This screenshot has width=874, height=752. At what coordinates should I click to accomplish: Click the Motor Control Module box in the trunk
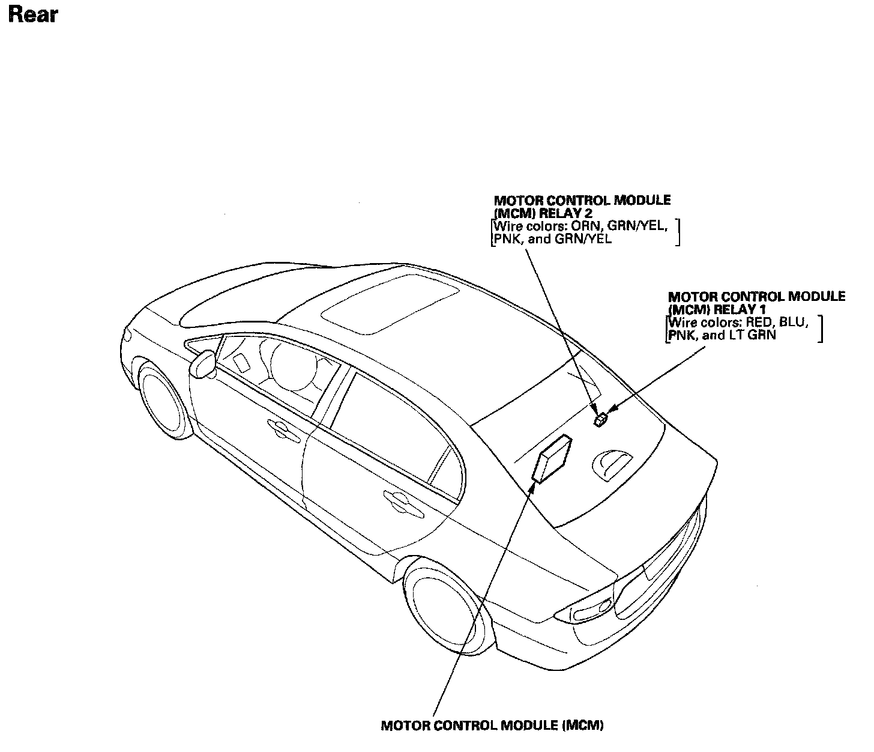[x=552, y=458]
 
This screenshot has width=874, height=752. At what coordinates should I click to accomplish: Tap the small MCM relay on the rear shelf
[x=600, y=419]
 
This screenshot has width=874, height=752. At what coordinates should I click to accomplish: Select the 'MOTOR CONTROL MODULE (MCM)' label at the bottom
[x=492, y=725]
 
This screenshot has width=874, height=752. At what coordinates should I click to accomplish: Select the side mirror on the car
[x=203, y=364]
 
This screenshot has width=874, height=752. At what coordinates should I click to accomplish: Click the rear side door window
[x=397, y=426]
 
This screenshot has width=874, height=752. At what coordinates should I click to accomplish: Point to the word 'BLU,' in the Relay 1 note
[x=794, y=323]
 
